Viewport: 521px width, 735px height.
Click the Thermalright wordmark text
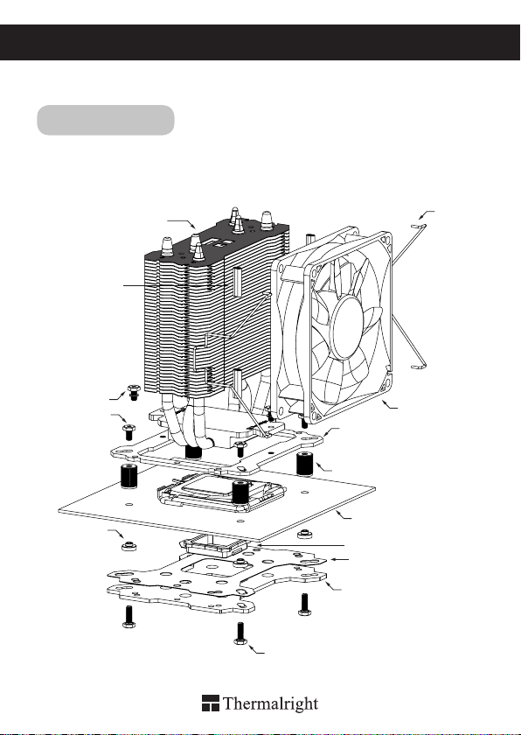271,704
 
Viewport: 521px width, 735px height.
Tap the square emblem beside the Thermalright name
211,703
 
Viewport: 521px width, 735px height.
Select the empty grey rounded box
106,120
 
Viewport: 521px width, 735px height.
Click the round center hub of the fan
347,328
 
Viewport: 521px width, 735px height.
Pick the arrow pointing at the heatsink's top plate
182,223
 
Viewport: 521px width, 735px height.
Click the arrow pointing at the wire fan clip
427,215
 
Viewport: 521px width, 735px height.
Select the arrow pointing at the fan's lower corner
390,404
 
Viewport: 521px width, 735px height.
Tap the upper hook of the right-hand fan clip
418,227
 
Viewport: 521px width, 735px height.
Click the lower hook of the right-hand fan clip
418,366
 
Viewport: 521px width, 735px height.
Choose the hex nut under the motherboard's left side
129,546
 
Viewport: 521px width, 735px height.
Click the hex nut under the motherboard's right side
305,534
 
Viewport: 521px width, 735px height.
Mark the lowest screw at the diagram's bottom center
240,633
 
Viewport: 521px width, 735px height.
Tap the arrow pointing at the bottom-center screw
256,649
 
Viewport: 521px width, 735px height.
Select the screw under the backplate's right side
304,605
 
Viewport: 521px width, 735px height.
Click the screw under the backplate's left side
129,617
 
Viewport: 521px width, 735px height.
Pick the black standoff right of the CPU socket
305,464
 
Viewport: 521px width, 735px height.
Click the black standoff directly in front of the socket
240,491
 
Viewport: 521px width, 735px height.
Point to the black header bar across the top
260,42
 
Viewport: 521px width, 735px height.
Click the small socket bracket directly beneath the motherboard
214,546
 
